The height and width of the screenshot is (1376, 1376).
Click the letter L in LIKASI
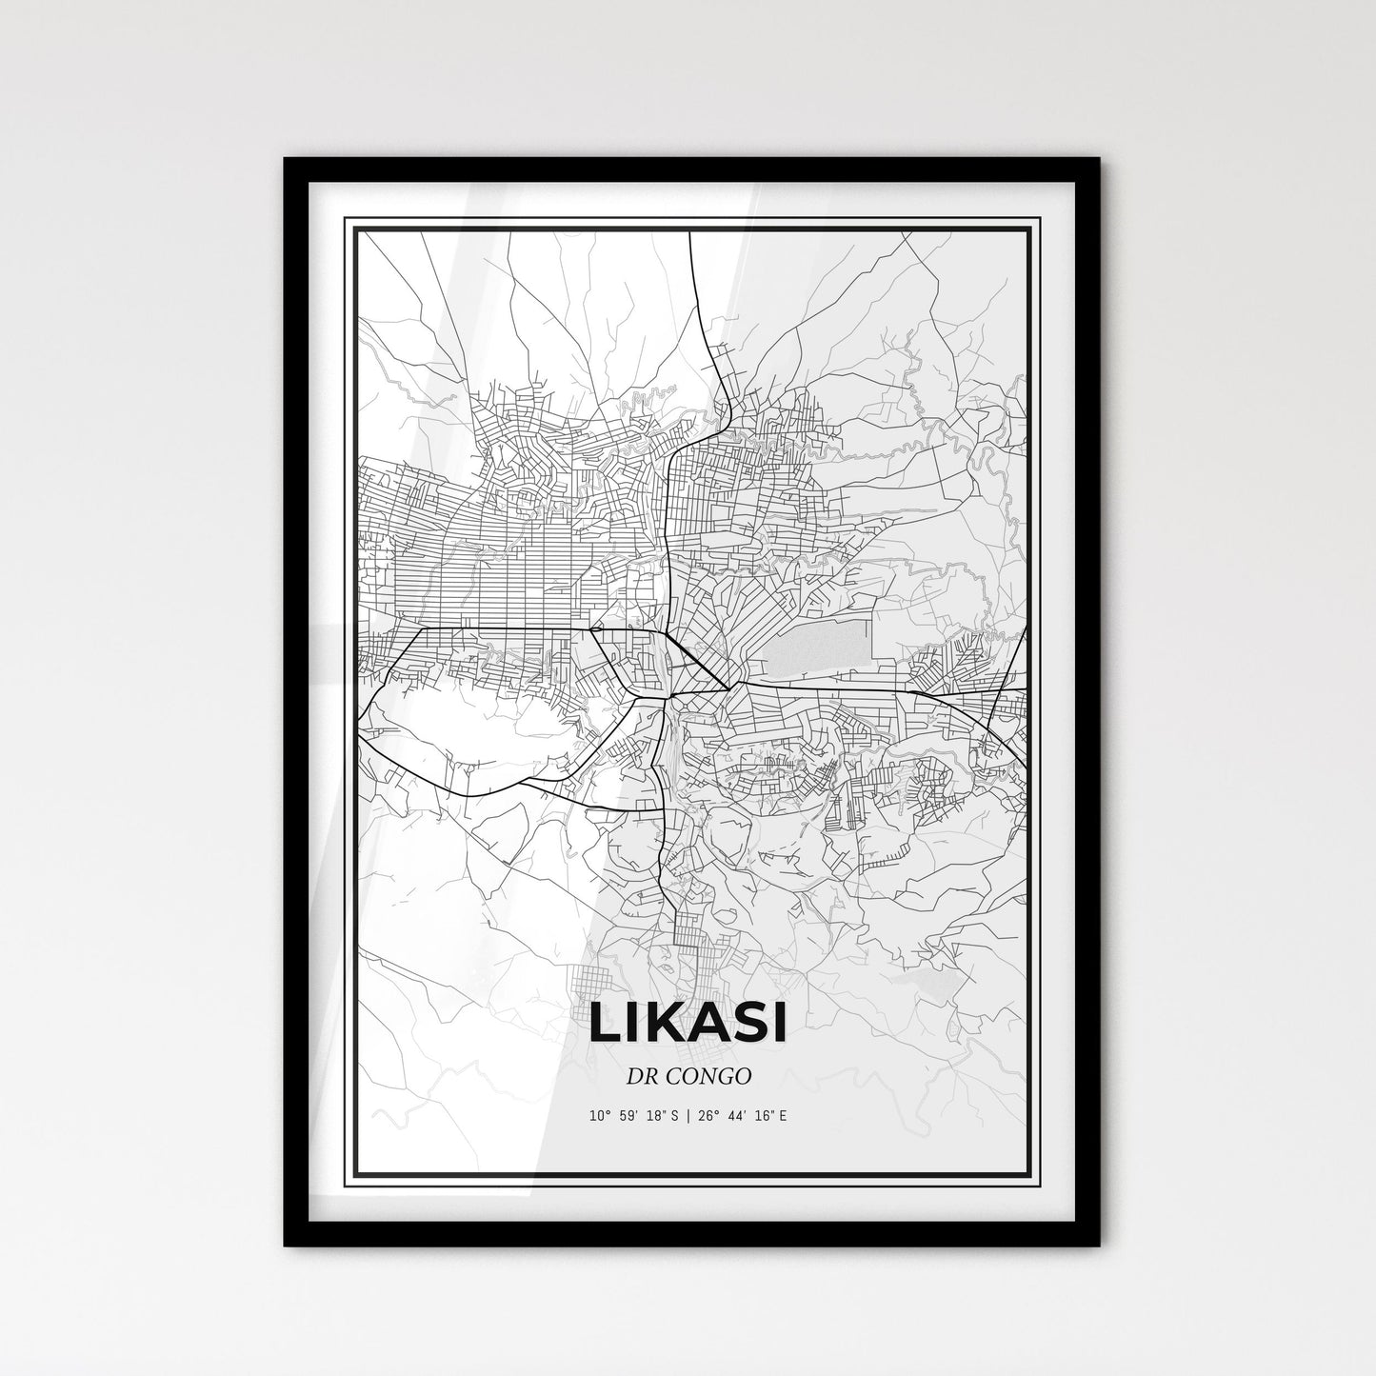pos(605,1023)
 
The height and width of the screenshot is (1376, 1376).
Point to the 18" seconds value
pos(659,1114)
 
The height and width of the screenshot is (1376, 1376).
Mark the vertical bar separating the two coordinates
pos(688,1114)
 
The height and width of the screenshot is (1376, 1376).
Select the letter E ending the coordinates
pos(784,1114)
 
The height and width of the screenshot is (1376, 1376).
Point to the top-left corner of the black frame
pos(286,160)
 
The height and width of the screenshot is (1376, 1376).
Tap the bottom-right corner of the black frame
pos(1098,1246)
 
